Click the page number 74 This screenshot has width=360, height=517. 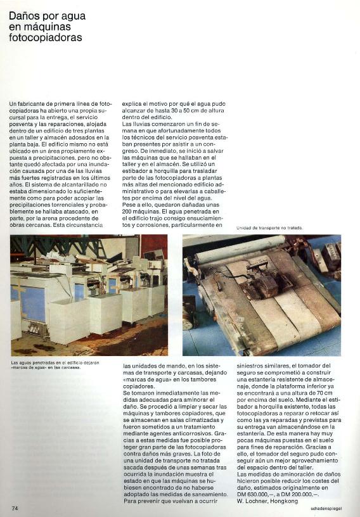[15, 508]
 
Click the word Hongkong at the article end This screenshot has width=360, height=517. [283, 501]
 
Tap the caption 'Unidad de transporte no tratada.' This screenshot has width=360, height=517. [269, 228]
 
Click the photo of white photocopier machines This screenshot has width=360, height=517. [89, 295]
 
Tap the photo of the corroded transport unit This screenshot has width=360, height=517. [261, 295]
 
